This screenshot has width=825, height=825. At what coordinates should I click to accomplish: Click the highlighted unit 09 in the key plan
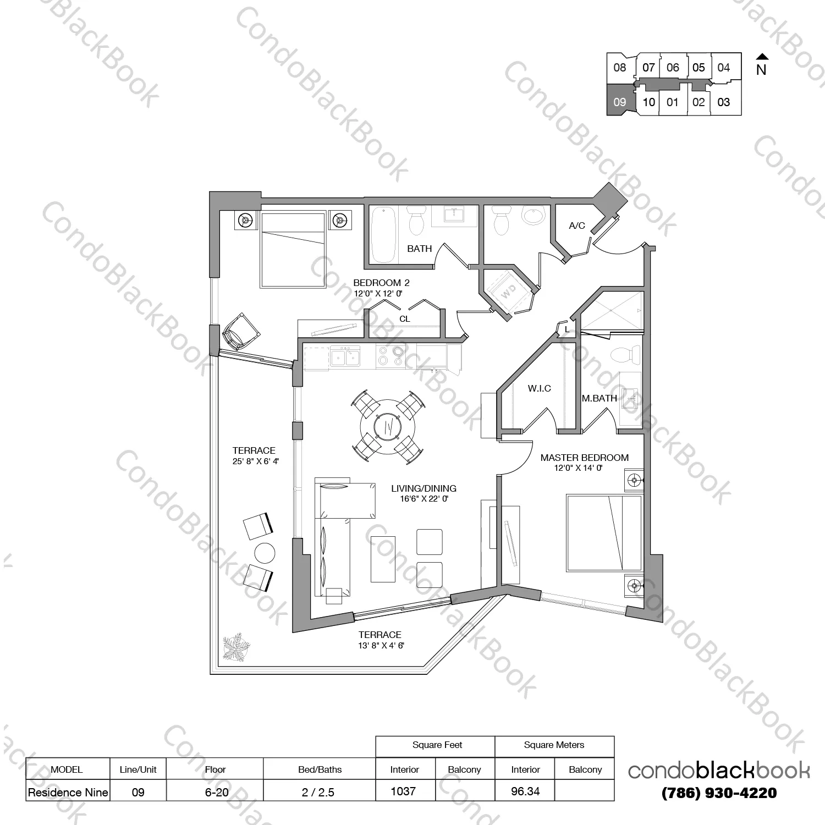[620, 100]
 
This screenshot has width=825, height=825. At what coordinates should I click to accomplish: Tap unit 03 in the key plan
[725, 102]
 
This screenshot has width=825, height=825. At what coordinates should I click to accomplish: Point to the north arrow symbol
[762, 57]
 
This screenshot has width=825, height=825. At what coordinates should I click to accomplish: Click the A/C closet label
[577, 226]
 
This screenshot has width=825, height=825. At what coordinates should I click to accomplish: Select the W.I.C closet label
[540, 388]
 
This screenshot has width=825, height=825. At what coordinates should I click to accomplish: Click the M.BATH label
[599, 398]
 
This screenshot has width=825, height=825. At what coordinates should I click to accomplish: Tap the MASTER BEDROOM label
[585, 458]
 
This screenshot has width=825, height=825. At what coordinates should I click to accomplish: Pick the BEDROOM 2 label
[381, 283]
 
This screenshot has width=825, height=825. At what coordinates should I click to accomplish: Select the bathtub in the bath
[384, 234]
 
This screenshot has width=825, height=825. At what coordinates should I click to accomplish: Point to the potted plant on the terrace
[237, 647]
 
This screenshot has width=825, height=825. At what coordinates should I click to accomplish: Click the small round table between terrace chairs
[265, 553]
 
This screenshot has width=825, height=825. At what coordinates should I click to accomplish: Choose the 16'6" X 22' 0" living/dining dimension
[424, 499]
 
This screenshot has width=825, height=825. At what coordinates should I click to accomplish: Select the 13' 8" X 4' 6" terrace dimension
[381, 646]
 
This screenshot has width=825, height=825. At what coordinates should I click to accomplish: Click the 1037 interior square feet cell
[404, 791]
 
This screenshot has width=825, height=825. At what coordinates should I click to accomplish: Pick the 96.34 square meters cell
[525, 791]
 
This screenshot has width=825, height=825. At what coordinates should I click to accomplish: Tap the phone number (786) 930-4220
[719, 793]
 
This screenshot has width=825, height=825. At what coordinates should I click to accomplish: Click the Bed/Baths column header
[320, 769]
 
